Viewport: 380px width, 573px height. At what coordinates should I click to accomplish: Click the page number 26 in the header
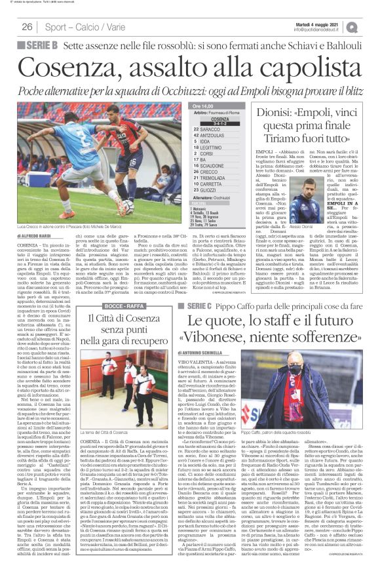click(28, 27)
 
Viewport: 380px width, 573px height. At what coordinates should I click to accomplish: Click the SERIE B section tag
click(41, 45)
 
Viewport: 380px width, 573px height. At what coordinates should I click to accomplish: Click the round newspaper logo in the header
click(371, 26)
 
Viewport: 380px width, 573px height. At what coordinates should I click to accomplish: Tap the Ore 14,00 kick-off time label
click(204, 106)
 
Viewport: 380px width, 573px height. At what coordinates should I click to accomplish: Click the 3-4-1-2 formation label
click(219, 124)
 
